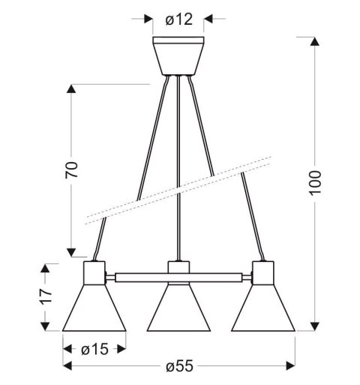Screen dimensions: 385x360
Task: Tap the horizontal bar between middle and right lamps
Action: click(218, 277)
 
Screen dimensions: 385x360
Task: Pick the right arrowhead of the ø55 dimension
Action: click(292, 366)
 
